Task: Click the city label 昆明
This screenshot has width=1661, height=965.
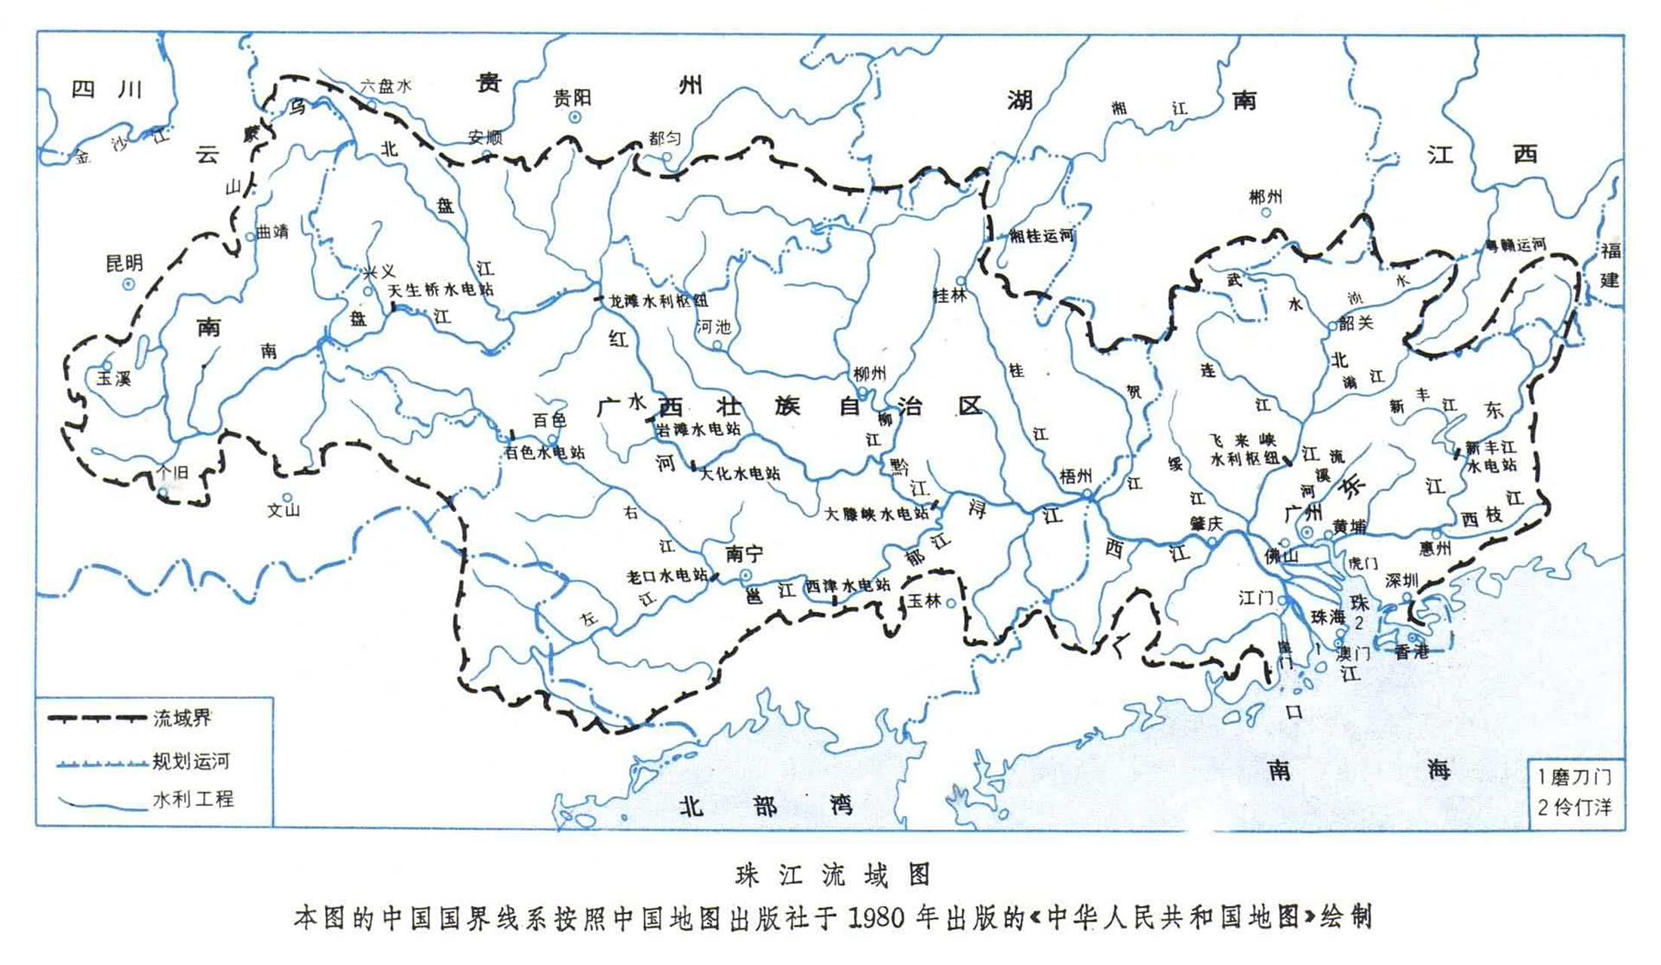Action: [x=124, y=263]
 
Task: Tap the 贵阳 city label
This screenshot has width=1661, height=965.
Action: [x=572, y=98]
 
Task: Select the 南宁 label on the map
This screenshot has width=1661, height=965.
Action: [x=744, y=555]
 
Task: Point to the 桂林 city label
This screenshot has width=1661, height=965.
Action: [x=949, y=296]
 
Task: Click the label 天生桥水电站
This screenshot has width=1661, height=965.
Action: [x=441, y=290]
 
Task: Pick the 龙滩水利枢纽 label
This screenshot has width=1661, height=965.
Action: [x=659, y=302]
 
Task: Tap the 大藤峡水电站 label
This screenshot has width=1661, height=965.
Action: [x=877, y=514]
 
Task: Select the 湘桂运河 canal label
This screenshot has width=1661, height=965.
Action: [x=1041, y=236]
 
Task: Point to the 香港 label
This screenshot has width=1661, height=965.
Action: [x=1411, y=652]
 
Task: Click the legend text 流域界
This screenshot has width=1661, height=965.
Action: [x=182, y=718]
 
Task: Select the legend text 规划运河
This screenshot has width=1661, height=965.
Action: [x=191, y=761]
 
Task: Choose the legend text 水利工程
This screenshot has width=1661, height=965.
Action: [x=193, y=799]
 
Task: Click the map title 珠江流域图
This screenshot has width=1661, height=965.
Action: [x=833, y=875]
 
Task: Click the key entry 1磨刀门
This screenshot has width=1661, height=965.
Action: [x=1573, y=777]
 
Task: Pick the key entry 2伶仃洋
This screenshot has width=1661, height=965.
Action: [x=1573, y=807]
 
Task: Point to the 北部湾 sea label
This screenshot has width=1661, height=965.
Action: [x=765, y=806]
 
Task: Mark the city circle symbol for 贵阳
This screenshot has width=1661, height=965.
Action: [x=575, y=117]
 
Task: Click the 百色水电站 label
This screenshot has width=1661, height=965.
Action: [x=545, y=453]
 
